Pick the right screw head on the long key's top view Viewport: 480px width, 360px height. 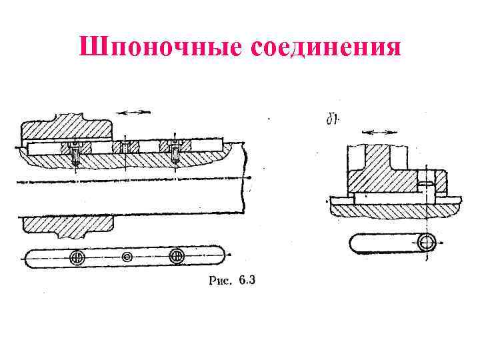tap(177, 256)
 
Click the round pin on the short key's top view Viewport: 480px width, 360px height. tap(427, 243)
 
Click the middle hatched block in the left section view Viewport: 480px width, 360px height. tap(125, 147)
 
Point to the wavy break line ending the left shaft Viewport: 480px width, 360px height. tap(245, 180)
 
